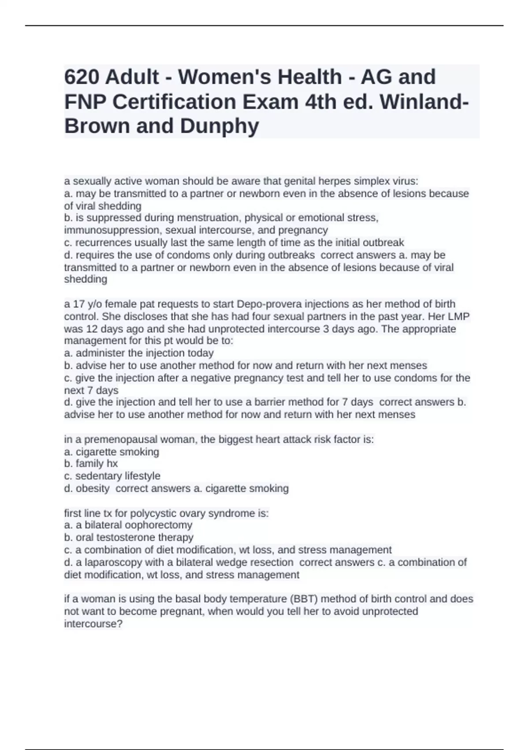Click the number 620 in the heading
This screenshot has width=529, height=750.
pos(81,77)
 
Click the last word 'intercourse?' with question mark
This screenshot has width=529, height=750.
pos(93,624)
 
